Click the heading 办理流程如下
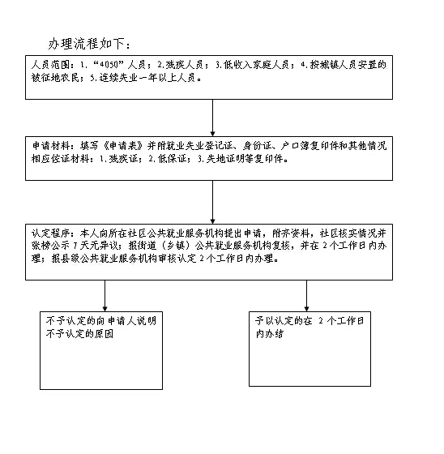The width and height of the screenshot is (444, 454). tap(86, 44)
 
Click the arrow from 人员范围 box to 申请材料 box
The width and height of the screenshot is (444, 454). tap(213, 118)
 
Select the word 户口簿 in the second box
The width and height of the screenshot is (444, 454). tap(295, 145)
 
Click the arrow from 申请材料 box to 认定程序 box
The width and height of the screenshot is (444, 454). tap(213, 202)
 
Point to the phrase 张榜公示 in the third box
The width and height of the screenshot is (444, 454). tap(50, 246)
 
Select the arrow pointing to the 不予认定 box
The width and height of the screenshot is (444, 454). tap(105, 296)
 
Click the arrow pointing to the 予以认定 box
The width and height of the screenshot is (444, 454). tap(306, 296)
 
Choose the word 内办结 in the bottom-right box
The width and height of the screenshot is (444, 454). tap(270, 334)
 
